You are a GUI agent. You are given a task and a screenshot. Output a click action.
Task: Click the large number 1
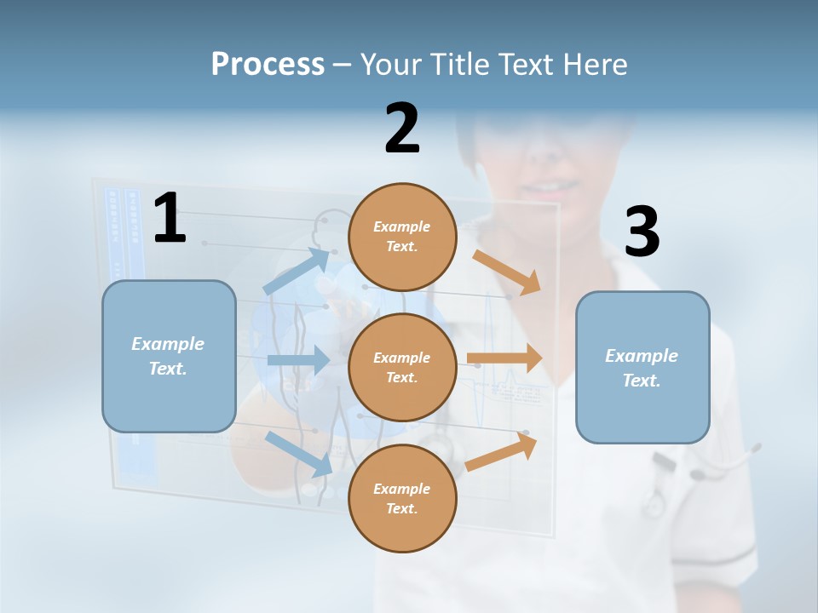point(170,219)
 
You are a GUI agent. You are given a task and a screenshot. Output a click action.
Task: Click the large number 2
point(402,129)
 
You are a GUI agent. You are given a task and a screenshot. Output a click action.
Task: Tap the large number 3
point(642,232)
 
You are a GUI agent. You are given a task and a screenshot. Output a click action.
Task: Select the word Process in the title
point(268,64)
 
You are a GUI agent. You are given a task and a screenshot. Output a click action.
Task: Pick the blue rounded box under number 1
point(169,356)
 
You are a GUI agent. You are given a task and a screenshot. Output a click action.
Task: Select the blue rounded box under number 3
point(642,368)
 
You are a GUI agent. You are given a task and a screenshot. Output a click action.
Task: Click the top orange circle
point(402,237)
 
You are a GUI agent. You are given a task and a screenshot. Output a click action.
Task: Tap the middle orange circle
point(402,367)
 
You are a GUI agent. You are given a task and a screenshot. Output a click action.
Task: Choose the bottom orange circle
point(402,498)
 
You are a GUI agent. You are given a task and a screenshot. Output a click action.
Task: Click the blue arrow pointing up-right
point(297,271)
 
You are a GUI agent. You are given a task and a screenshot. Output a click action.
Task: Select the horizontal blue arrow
point(298,360)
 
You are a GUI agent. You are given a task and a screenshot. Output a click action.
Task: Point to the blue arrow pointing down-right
point(299,453)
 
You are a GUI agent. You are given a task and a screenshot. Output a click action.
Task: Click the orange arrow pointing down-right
point(507,272)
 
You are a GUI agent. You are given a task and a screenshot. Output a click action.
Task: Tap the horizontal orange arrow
point(504,358)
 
